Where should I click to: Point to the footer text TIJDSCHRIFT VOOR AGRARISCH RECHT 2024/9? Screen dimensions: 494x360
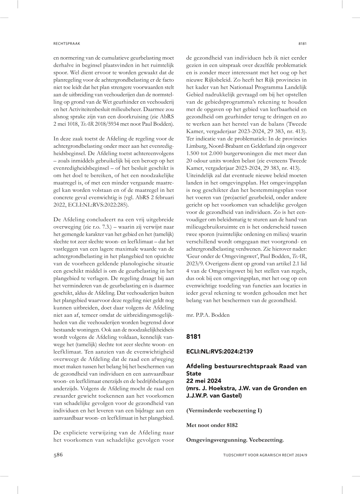click(x=265, y=455)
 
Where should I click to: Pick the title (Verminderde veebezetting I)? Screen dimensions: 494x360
click(x=224, y=410)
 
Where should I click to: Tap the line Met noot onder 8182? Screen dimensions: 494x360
click(x=212, y=425)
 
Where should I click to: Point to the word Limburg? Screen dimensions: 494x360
click(x=197, y=146)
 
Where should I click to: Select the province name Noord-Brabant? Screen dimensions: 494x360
click(x=231, y=146)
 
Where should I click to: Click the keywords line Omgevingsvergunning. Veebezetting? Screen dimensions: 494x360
click(x=235, y=440)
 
